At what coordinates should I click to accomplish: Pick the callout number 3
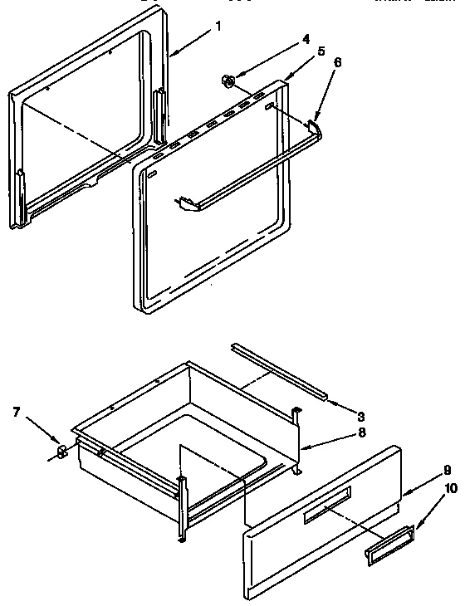tap(361, 415)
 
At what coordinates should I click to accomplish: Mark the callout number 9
tap(448, 469)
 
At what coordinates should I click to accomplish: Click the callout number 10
tap(451, 489)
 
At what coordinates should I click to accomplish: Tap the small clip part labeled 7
tap(61, 452)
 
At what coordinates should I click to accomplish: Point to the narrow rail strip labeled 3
tap(279, 366)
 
